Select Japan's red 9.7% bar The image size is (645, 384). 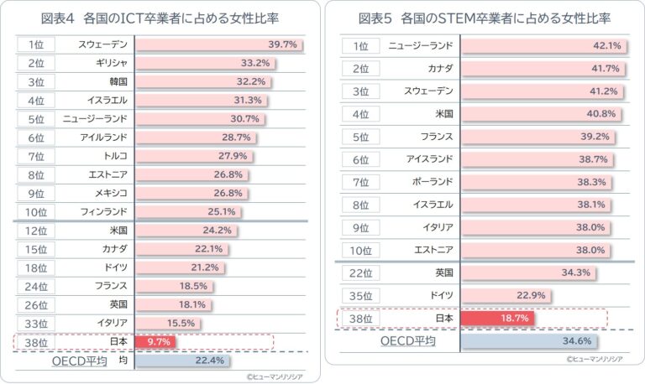coord(155,341)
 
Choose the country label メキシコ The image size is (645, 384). coord(111,193)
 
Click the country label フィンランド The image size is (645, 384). coord(105,211)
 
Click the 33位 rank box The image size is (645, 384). coord(36,323)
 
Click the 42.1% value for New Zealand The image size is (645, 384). coord(606,45)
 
